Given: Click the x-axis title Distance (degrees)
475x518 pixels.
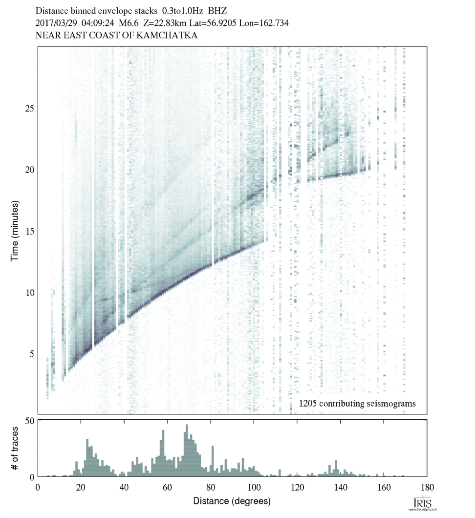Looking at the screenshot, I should tap(232, 501).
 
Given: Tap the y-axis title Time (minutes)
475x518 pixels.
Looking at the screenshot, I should tap(15, 230).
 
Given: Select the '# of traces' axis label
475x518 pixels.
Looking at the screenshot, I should tap(15, 448).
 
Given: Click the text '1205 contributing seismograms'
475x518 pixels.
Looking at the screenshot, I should tap(357, 404).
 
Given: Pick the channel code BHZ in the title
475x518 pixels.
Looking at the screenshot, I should tap(218, 10).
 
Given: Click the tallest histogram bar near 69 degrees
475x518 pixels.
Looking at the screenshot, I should tap(186, 451).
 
